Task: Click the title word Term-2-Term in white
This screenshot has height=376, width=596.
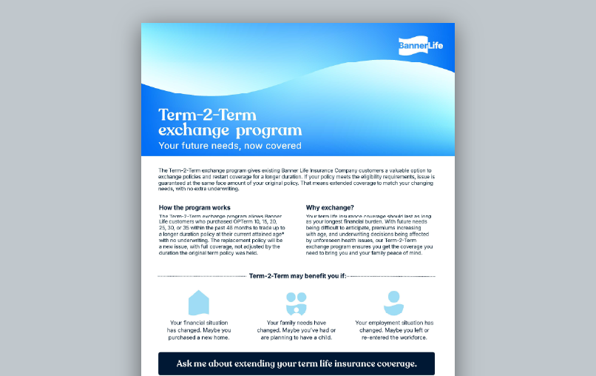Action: click(x=207, y=115)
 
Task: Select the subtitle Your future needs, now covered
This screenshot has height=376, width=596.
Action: click(x=230, y=146)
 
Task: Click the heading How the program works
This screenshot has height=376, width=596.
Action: click(x=194, y=207)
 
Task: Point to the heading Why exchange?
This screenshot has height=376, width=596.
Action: click(x=330, y=207)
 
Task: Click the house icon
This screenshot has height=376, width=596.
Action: click(x=199, y=303)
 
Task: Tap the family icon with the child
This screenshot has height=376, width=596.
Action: click(x=297, y=303)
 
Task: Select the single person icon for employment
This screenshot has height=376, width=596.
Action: click(x=393, y=303)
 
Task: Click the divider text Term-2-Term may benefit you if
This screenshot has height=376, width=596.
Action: click(x=297, y=275)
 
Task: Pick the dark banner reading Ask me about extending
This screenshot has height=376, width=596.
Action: click(x=297, y=363)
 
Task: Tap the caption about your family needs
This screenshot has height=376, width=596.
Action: click(x=297, y=330)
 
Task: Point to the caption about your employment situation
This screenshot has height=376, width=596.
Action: click(x=394, y=330)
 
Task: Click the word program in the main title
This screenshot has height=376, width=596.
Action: click(x=265, y=131)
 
